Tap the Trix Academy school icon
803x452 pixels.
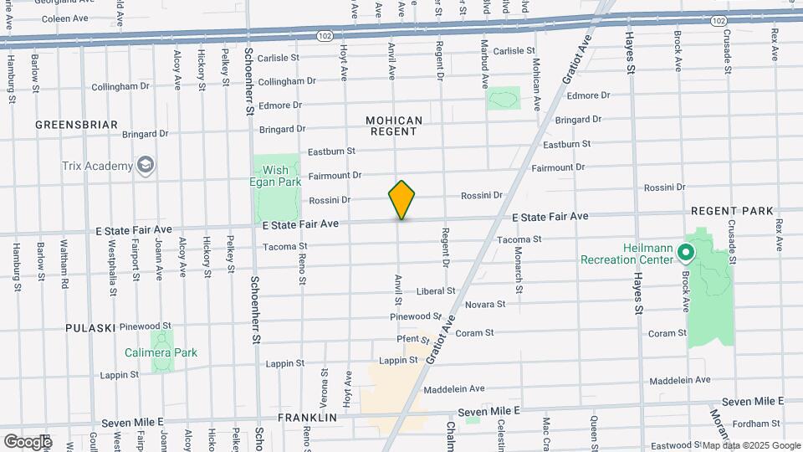tap(146, 165)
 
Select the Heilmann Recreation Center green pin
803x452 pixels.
tap(685, 250)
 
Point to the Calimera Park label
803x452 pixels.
tap(161, 352)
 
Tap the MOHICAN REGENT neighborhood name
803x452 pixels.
tap(394, 126)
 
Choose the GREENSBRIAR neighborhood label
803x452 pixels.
tap(76, 125)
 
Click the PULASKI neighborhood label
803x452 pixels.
tap(90, 327)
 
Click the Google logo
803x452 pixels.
tap(28, 441)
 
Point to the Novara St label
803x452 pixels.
tap(485, 305)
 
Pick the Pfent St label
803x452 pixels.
tap(413, 338)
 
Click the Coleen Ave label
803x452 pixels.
tap(65, 18)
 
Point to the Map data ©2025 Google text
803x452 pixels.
tap(750, 445)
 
